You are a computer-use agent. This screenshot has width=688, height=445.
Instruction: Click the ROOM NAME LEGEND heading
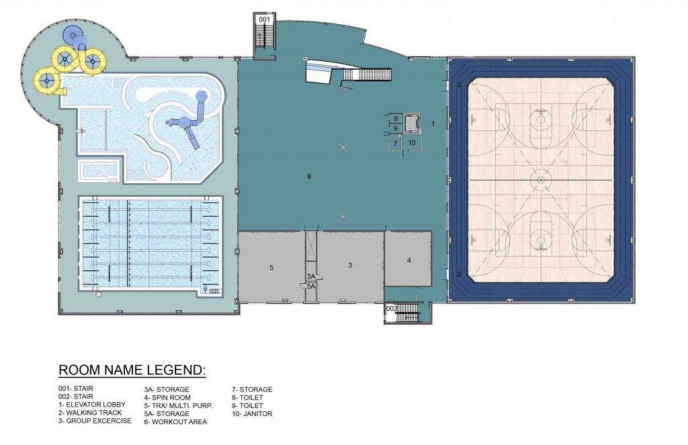coord(131,370)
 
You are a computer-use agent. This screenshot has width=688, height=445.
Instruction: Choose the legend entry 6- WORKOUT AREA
coord(175,422)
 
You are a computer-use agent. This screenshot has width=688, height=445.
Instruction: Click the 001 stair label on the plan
coord(264,20)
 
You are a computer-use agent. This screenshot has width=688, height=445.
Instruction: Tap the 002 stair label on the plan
coord(392,308)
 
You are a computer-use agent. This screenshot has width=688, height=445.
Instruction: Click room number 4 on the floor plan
coord(408,260)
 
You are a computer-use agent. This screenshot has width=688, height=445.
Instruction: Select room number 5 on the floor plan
coord(271,267)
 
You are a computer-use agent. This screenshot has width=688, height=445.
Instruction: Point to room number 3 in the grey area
coord(350,266)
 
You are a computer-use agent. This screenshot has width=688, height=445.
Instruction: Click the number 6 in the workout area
coord(309,177)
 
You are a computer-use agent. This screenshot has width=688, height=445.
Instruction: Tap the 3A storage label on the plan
coord(311,277)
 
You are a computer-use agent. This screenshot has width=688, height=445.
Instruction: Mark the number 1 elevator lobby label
coord(433,123)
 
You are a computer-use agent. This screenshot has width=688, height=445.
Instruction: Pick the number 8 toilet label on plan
coord(396,119)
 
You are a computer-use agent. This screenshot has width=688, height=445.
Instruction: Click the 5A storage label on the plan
coord(311,286)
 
